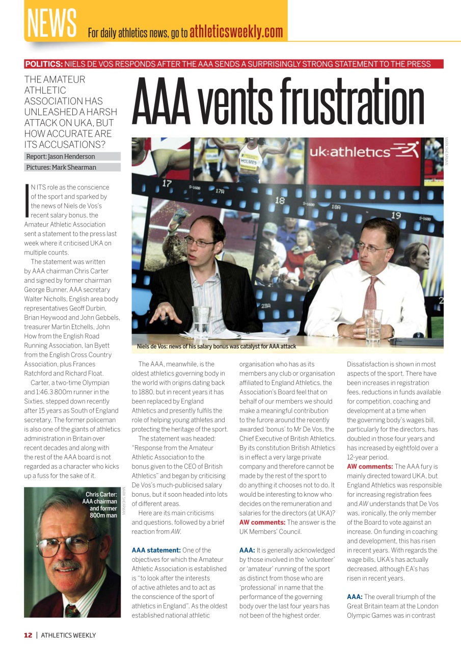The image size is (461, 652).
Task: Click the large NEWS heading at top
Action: pyautogui.click(x=51, y=22)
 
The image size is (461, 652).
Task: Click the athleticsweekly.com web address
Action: pyautogui.click(x=236, y=32)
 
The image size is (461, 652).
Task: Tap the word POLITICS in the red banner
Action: pyautogui.click(x=44, y=64)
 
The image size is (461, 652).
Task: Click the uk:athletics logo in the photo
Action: pyautogui.click(x=364, y=151)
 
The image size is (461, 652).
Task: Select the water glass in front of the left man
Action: pyautogui.click(x=202, y=321)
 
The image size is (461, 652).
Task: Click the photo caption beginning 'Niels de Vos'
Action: pyautogui.click(x=216, y=346)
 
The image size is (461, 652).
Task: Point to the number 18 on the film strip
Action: pyautogui.click(x=280, y=201)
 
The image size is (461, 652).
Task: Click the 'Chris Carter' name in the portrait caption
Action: pyautogui.click(x=101, y=494)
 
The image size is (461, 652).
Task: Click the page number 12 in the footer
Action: pyautogui.click(x=28, y=635)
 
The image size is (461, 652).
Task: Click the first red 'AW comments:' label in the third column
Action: pyautogui.click(x=262, y=522)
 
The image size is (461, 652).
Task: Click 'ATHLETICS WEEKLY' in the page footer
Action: pyautogui.click(x=68, y=635)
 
